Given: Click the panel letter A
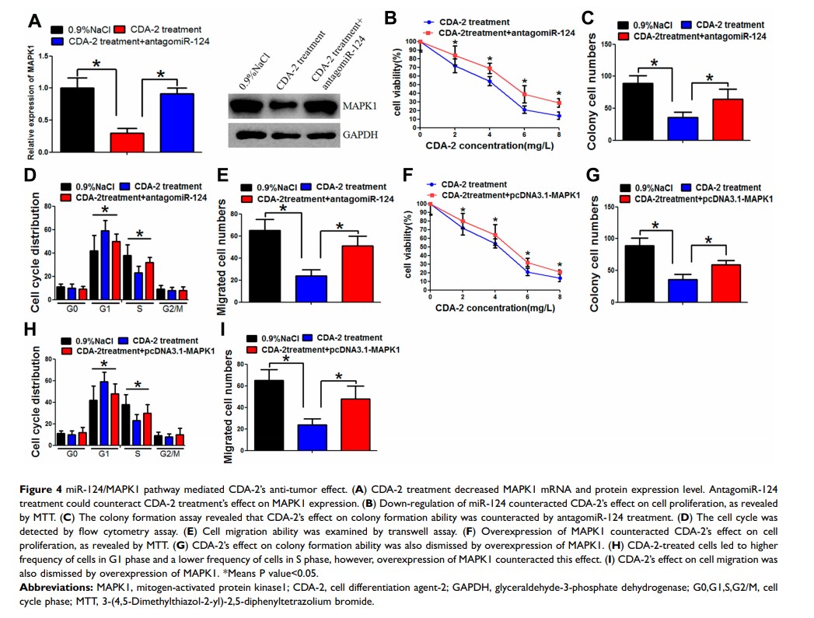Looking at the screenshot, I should (x=35, y=21).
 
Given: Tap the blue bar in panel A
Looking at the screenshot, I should (x=176, y=124).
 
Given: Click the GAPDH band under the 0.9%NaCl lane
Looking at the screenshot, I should (x=246, y=135).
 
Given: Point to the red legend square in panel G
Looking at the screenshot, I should (x=627, y=200).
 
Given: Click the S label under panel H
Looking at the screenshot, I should (x=137, y=452).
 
